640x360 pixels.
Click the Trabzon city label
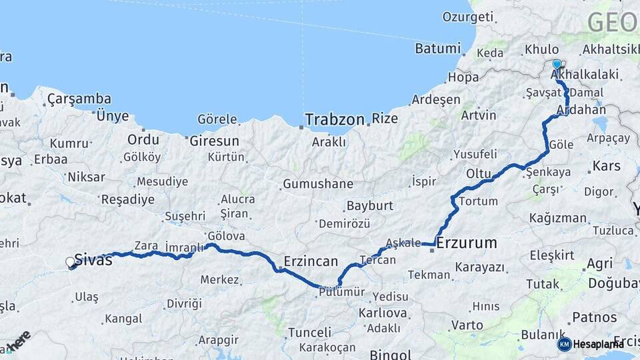(x=335, y=120)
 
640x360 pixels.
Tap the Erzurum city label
(x=467, y=243)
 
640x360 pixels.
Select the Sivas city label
(x=93, y=260)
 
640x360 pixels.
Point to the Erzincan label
(x=311, y=261)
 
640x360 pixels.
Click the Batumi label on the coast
(x=437, y=49)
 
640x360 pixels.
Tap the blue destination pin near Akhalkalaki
(x=557, y=64)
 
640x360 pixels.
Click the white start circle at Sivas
(x=71, y=263)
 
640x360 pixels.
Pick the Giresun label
(x=214, y=141)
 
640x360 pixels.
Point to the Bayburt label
(x=369, y=206)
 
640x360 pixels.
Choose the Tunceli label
(x=309, y=332)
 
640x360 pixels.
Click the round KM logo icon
(x=565, y=344)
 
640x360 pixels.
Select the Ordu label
(x=144, y=140)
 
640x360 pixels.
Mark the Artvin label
(x=479, y=115)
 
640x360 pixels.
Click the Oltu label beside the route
(x=479, y=174)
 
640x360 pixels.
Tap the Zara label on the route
(x=146, y=245)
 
